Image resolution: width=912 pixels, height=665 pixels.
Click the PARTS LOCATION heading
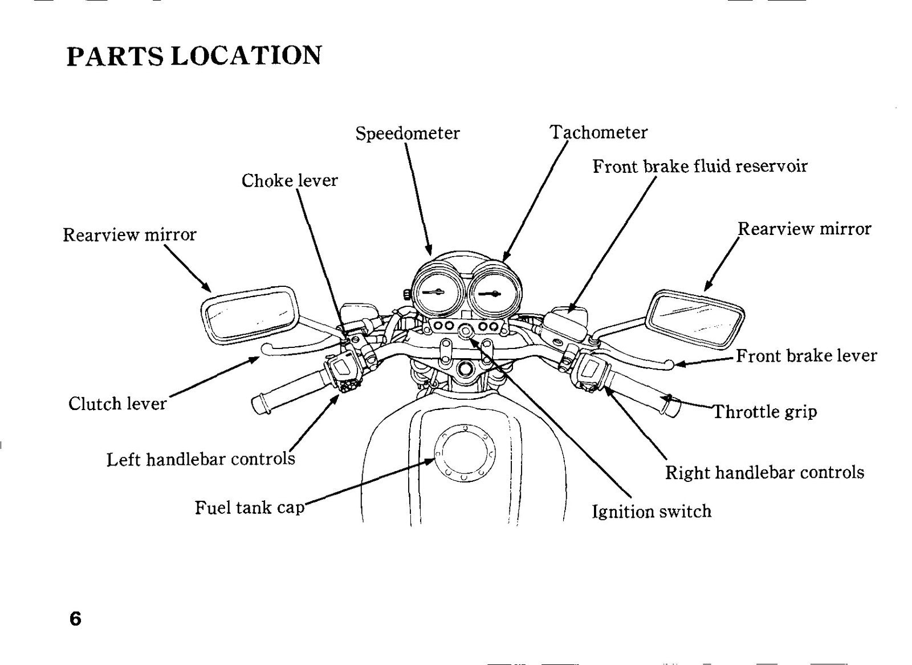coord(194,56)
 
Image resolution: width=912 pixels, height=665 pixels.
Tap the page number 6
coord(75,619)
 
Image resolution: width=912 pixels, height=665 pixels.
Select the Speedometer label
coord(408,133)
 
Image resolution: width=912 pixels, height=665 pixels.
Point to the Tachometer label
coord(598,132)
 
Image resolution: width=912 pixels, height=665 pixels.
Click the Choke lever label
coord(290,181)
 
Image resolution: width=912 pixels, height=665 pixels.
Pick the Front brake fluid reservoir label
coord(700,167)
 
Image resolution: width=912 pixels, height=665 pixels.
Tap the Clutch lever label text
coord(117,404)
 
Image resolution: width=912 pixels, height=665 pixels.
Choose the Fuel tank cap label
coord(250,508)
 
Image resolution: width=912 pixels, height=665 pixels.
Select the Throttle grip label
coord(764,412)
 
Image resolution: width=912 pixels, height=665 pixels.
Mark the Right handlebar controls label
coord(764,473)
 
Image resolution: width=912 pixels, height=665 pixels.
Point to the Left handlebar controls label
coord(201,459)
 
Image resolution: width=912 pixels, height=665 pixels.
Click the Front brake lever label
coord(807,356)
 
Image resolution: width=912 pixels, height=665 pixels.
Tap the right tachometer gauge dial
coord(495,292)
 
